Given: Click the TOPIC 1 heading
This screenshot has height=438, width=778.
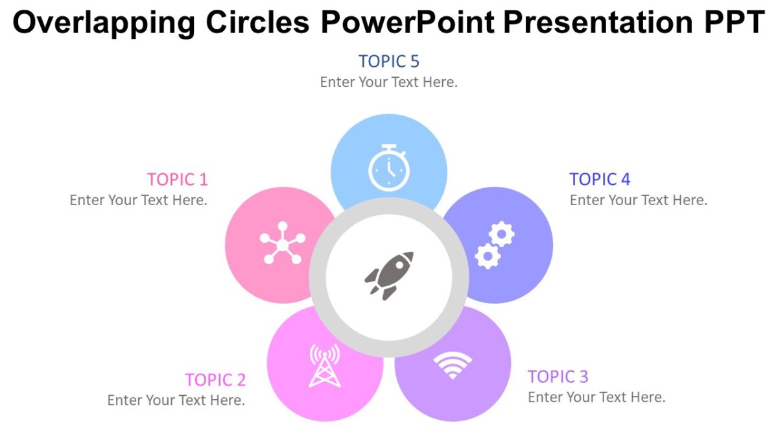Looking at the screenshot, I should click(x=177, y=179).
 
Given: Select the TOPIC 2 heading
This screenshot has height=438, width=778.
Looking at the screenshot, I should click(x=215, y=380).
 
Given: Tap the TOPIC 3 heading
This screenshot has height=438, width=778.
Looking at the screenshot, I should click(x=558, y=376).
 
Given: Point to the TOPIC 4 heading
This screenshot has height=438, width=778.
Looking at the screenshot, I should click(x=600, y=179).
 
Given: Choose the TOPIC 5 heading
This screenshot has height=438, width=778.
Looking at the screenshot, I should click(x=389, y=62).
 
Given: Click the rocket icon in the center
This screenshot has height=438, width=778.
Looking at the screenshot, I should click(x=389, y=275).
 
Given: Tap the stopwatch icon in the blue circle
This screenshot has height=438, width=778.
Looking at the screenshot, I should click(x=389, y=167).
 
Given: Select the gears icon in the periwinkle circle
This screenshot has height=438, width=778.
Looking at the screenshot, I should click(x=495, y=245).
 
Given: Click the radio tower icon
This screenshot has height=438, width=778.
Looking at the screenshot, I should click(x=324, y=365).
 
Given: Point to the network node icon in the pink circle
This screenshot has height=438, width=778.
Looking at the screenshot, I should click(x=282, y=243).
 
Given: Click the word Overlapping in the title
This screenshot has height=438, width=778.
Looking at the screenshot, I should click(x=103, y=23).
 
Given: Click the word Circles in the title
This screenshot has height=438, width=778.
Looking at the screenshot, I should click(x=257, y=23).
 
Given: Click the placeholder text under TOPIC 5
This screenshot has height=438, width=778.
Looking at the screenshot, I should click(x=389, y=82).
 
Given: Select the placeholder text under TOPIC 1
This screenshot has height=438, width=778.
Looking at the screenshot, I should click(x=138, y=200).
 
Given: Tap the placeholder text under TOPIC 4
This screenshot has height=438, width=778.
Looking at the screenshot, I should click(x=639, y=200).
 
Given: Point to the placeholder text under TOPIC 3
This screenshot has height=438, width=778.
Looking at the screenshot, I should click(x=596, y=397).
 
